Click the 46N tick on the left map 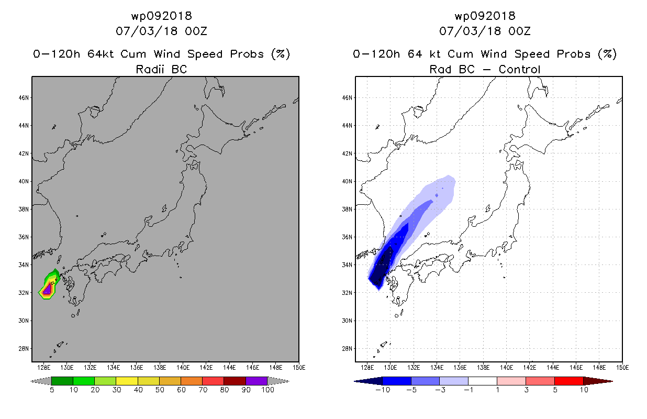point(24,97)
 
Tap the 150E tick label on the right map point(622,368)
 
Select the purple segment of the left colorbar point(256,381)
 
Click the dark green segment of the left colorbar point(62,381)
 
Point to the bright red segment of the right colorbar point(569,381)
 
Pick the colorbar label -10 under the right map point(383,390)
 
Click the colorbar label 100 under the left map point(267,390)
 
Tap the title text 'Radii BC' point(161,69)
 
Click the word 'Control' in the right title point(519,69)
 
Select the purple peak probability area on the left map point(47,289)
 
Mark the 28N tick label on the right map point(347,348)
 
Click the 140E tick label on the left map point(183,368)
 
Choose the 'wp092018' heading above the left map point(161,16)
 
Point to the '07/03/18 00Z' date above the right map point(485,31)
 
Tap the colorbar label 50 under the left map point(160,390)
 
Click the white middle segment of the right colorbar point(483,381)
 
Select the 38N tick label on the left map point(24,209)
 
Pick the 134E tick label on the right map point(437,368)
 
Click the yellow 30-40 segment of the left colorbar point(127,381)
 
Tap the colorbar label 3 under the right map point(526,390)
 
